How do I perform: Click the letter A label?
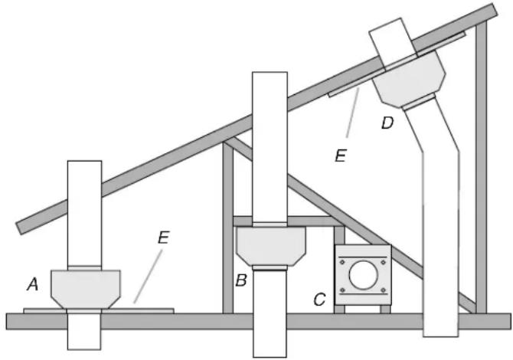click(32, 284)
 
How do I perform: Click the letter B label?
click(241, 281)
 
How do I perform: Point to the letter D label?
click(388, 123)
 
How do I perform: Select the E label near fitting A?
click(163, 237)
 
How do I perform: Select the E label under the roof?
click(341, 155)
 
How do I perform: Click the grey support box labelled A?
click(84, 287)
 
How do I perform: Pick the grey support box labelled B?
click(271, 245)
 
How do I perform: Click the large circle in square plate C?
click(362, 273)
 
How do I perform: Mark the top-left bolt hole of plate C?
click(344, 256)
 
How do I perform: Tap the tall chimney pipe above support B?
click(270, 146)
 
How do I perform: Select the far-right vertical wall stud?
click(481, 169)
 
